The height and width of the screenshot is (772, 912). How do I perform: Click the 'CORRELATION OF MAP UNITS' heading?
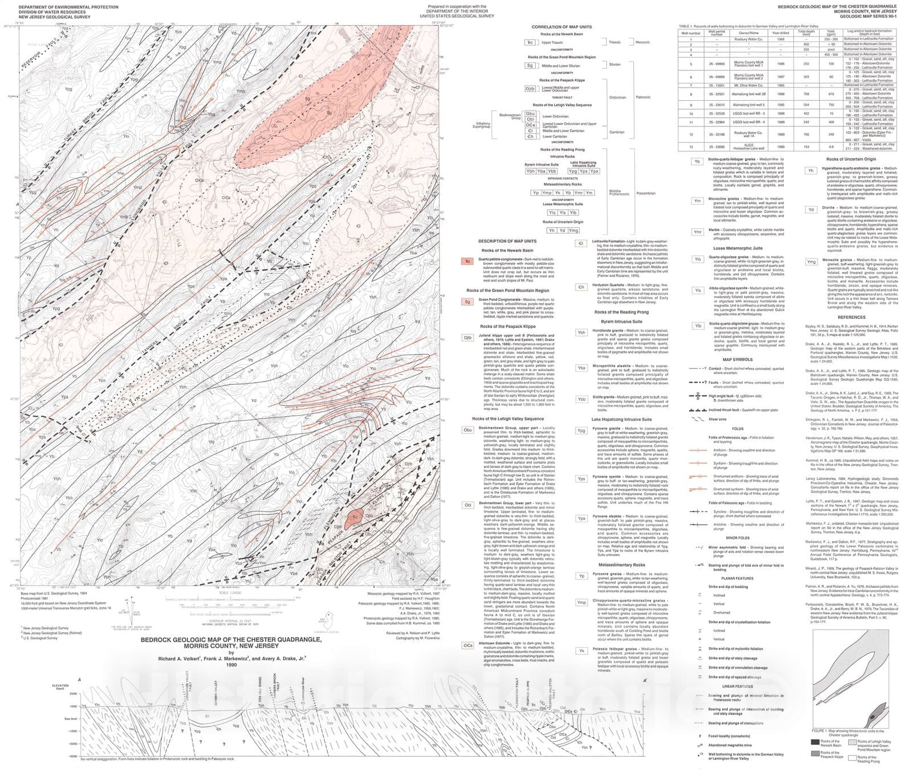[x=561, y=27]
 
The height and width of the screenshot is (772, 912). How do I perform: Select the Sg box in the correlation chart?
[x=530, y=66]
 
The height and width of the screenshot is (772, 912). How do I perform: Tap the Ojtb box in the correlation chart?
[x=530, y=88]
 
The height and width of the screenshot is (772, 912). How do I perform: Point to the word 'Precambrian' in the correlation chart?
[x=646, y=193]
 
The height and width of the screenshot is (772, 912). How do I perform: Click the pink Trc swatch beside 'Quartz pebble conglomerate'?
[x=467, y=261]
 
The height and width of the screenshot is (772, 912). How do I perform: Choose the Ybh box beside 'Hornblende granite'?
[x=581, y=332]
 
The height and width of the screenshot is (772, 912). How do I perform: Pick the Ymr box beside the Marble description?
[x=697, y=232]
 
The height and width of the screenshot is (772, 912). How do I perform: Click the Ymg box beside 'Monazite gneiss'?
[x=811, y=262]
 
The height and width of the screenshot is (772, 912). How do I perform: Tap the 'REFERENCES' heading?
[x=851, y=317]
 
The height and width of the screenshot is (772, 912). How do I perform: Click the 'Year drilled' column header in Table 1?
[x=780, y=33]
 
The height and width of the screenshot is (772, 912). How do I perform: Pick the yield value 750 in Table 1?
[x=830, y=105]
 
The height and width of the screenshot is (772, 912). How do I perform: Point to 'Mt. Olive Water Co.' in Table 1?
[x=748, y=86]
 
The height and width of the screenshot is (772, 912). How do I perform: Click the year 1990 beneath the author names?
[x=231, y=665]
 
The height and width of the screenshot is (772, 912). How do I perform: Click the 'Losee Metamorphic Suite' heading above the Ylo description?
[x=737, y=249]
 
